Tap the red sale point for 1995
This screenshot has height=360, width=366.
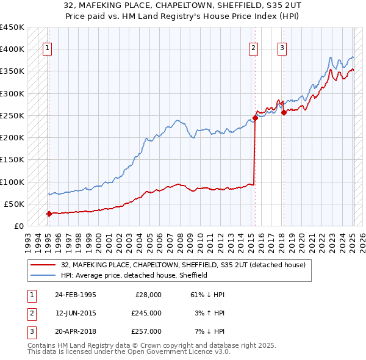point(49,214)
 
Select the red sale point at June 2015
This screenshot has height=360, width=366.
point(255,118)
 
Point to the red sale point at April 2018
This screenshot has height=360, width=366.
point(284,112)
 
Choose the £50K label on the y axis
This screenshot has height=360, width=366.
point(14,204)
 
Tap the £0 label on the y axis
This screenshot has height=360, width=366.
point(18,226)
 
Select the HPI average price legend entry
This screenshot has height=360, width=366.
point(134,275)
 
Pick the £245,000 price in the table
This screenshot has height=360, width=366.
point(146,313)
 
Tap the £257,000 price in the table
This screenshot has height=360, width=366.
point(146,331)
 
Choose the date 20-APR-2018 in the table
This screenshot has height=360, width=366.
point(75,331)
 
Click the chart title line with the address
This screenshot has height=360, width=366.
point(183,5)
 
